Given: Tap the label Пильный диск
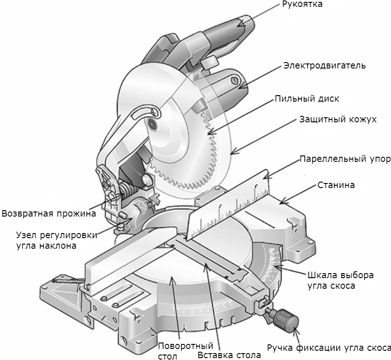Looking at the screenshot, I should (307, 99).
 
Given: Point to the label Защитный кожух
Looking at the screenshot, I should (338, 120).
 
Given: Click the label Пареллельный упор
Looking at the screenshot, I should (345, 160).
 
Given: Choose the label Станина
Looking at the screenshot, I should (335, 186).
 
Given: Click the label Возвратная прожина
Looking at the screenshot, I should (49, 213).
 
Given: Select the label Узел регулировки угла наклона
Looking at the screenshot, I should (50, 240).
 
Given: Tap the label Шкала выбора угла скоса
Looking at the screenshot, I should (339, 280).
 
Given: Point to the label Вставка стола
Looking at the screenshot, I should (229, 354).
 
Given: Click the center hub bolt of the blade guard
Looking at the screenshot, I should (152, 123).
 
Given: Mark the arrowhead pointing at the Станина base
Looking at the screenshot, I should (282, 202).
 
